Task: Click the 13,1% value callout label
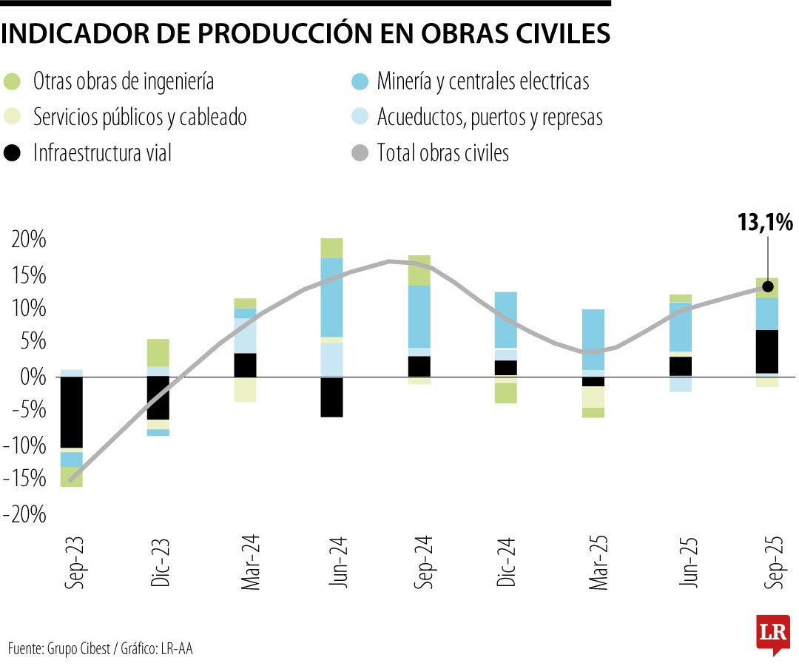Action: pos(765,222)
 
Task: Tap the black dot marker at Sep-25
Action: pos(768,286)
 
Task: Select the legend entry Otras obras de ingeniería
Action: pos(124,81)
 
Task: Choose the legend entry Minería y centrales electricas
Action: pos(482,81)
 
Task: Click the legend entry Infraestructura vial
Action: pos(102,153)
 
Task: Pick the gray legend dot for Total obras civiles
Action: pos(359,154)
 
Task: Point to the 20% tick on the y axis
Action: pos(28,241)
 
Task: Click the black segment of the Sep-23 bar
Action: pos(71,411)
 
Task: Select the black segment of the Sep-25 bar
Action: pos(767,351)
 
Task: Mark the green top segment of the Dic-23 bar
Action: pos(158,352)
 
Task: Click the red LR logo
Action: pos(772,633)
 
